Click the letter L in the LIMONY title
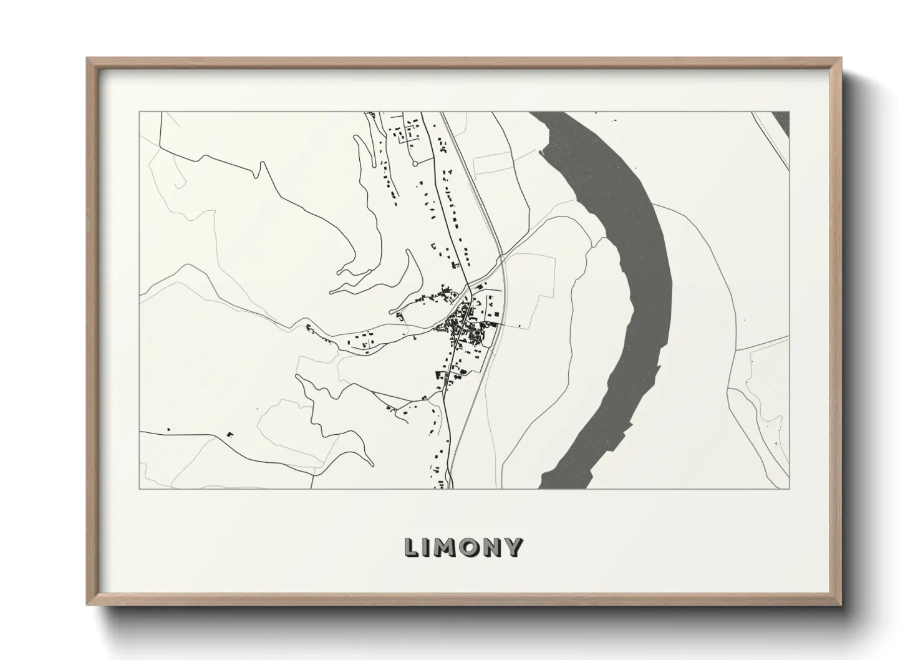tap(412, 547)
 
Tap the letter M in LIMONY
tap(444, 547)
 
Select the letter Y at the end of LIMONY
tap(513, 547)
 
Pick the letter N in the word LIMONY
tap(491, 547)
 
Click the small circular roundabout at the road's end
tap(415, 163)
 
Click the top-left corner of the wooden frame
tap(88, 59)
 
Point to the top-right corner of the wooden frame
tap(841, 59)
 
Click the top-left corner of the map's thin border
tap(140, 112)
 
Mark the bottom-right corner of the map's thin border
tap(789, 488)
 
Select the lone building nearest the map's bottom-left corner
tap(168, 429)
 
